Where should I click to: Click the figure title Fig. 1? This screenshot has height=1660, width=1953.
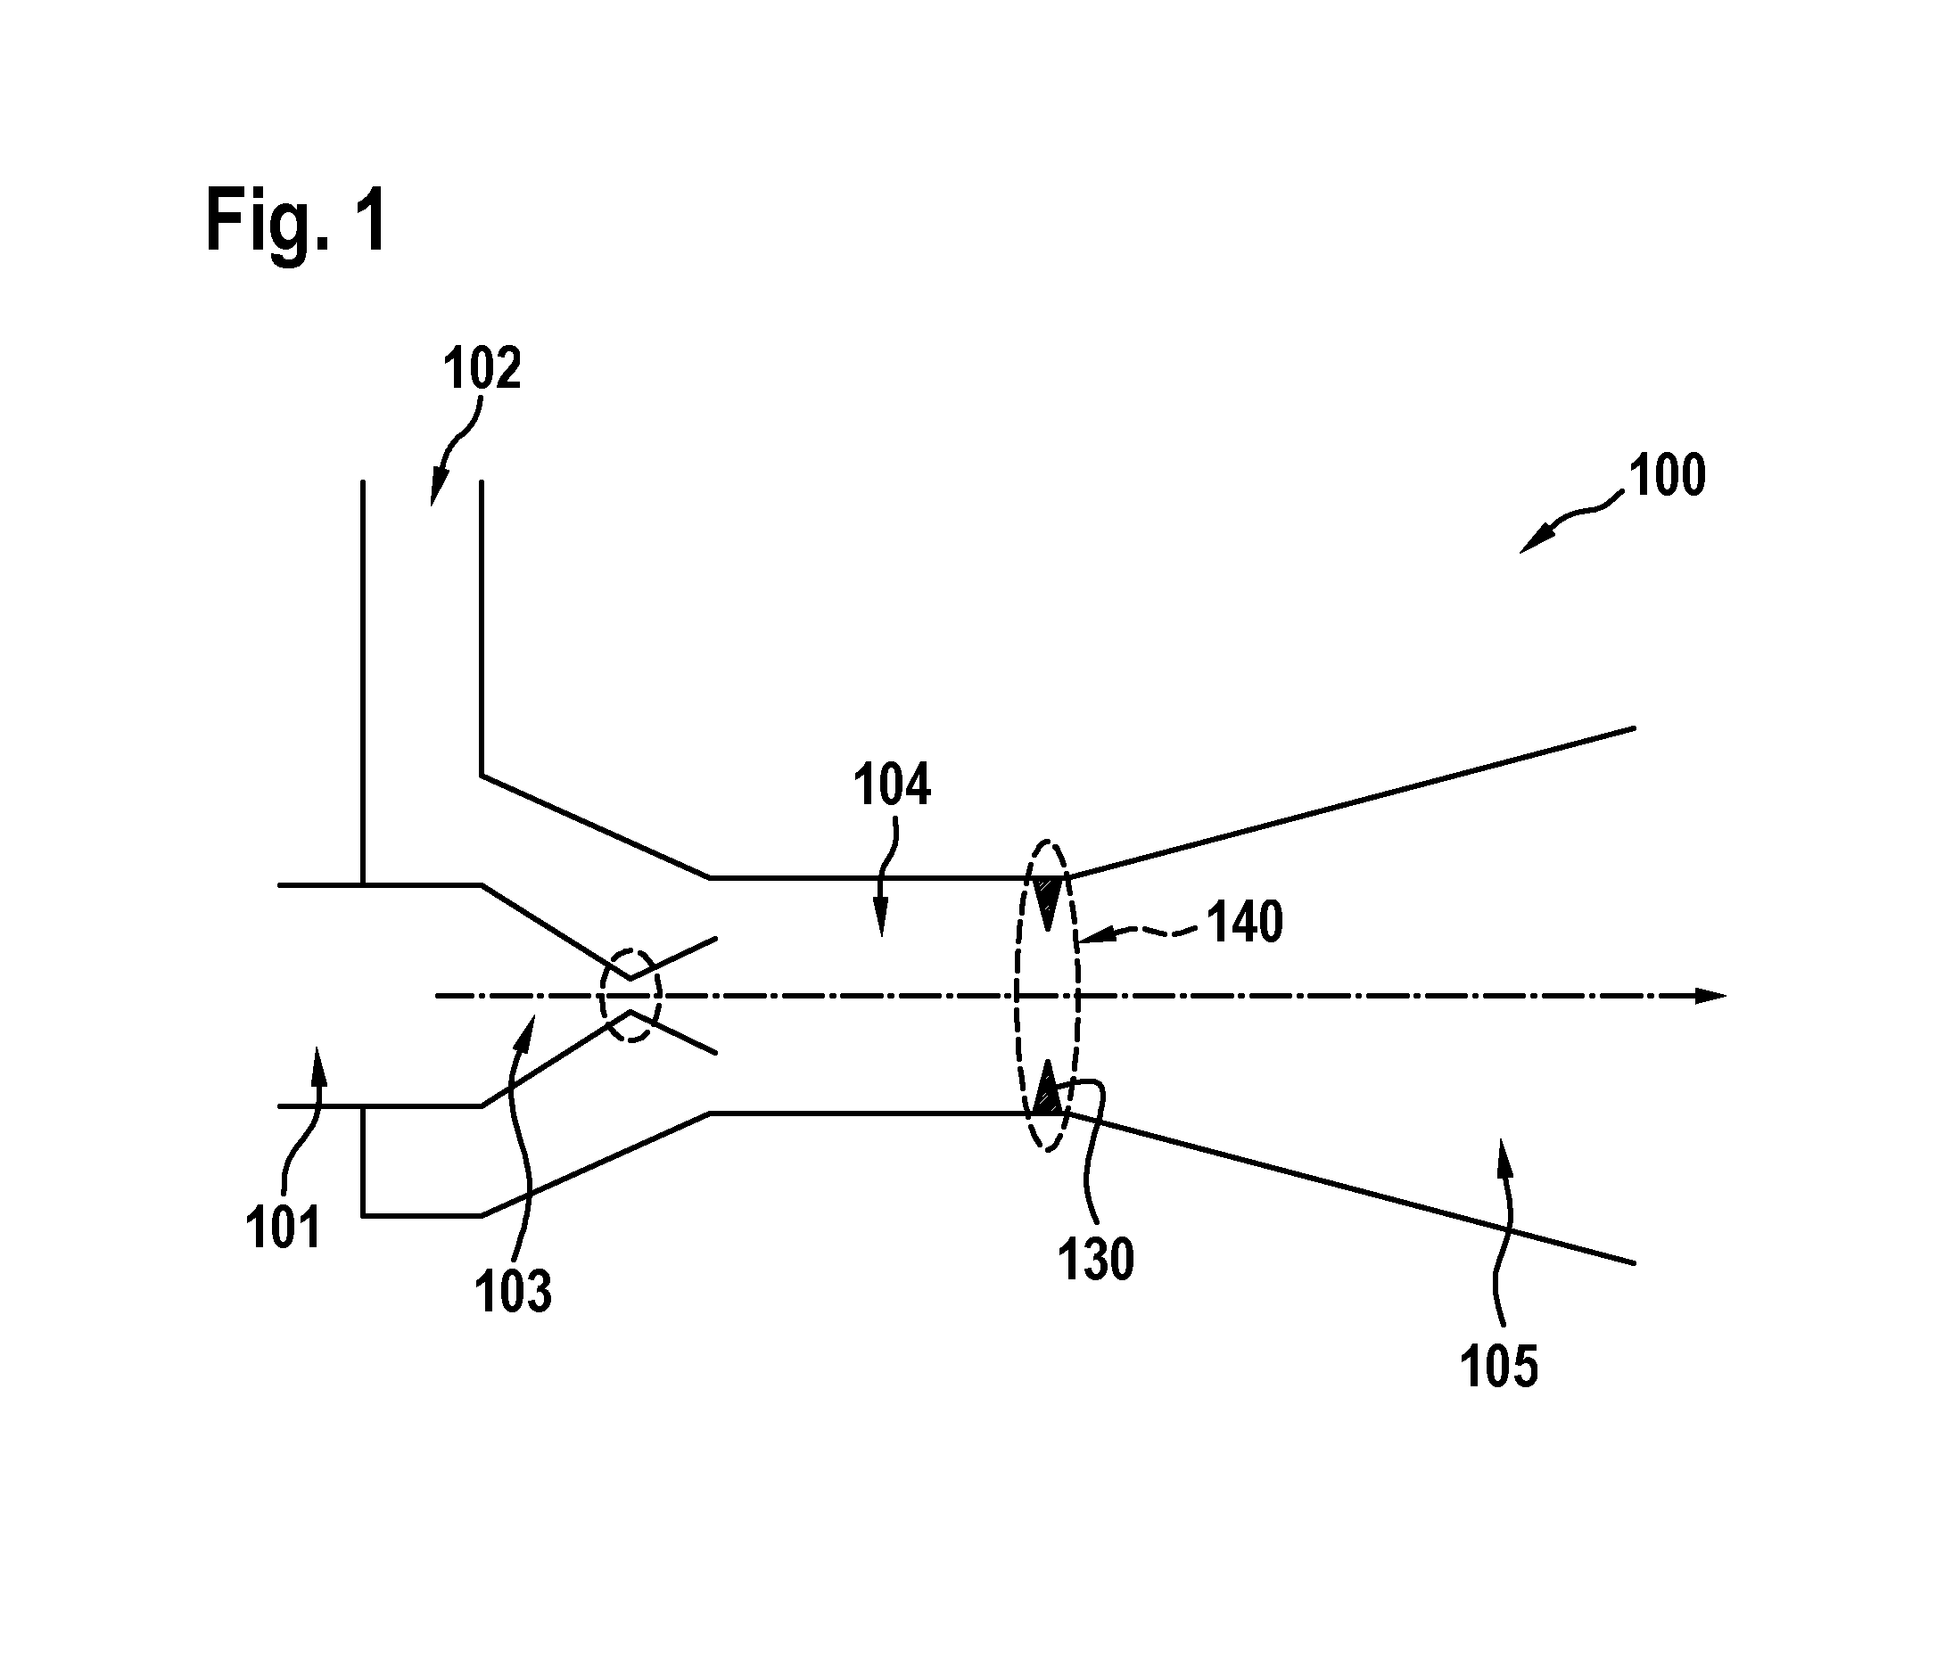(295, 221)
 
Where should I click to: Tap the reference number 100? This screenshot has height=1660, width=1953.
(1667, 475)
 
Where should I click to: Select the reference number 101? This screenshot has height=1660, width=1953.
(284, 1229)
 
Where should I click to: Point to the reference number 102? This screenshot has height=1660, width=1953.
(482, 368)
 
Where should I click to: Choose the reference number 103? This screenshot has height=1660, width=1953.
(513, 1290)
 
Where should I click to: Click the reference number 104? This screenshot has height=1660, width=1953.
(891, 785)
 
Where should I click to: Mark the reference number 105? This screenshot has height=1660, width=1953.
(1499, 1367)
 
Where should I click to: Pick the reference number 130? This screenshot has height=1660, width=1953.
(1096, 1260)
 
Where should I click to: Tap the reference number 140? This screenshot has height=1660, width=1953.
(1245, 922)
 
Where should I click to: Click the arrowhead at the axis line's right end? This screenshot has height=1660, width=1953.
(1710, 996)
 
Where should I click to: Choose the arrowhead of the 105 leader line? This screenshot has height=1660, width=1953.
(1502, 1155)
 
